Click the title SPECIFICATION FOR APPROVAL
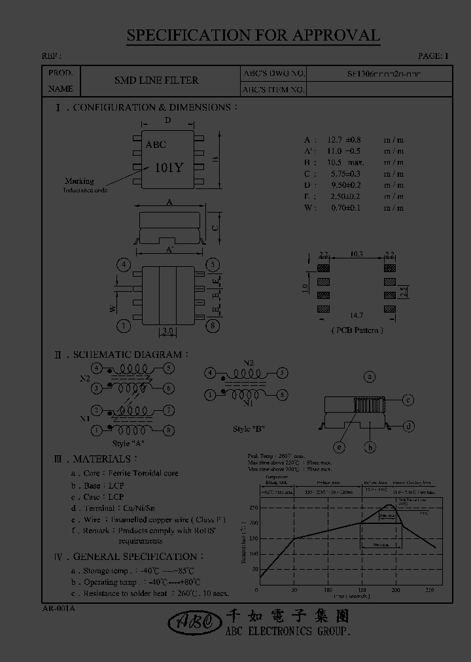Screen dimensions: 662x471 pos(253,36)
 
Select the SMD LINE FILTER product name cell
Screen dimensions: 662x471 pos(156,80)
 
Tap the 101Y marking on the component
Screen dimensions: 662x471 pos(169,167)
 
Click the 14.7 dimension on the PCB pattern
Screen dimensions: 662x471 pos(357,315)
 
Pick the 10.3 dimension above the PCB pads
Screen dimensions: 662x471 pos(357,254)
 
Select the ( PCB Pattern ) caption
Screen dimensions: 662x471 pos(357,330)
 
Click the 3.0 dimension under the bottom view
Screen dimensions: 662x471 pos(167,332)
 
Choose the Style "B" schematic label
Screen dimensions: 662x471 pos(249,428)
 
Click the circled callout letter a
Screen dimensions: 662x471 pos(370,377)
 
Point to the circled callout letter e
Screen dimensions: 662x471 pos(340,447)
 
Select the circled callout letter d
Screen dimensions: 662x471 pos(408,427)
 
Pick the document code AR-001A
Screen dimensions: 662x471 pos(58,608)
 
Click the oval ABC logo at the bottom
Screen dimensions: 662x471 pos(194,623)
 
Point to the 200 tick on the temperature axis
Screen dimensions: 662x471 pos(253,523)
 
